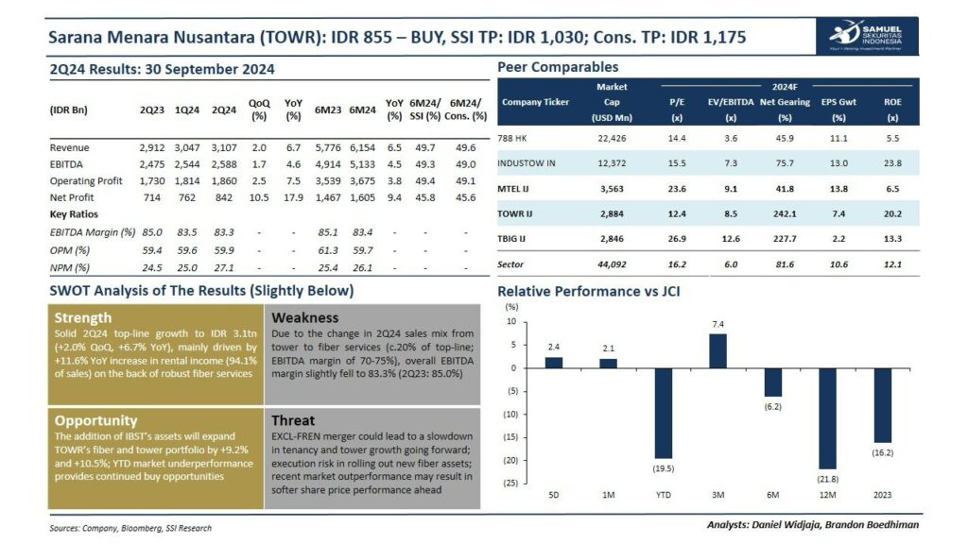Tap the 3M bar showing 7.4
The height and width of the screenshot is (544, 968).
click(x=718, y=350)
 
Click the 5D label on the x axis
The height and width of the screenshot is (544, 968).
click(x=554, y=495)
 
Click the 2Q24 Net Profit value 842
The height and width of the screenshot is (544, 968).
click(x=224, y=197)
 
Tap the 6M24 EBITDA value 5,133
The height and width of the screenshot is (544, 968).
click(x=362, y=165)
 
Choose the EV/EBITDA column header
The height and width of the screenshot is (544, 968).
click(x=730, y=102)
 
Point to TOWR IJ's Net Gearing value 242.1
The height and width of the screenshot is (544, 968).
click(x=784, y=212)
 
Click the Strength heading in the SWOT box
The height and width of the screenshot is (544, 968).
click(x=83, y=317)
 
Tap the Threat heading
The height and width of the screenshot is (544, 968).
click(x=293, y=420)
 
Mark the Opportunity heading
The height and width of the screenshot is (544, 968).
click(x=96, y=420)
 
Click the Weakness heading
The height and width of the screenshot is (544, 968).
click(x=304, y=317)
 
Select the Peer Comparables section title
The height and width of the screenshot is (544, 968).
click(x=558, y=67)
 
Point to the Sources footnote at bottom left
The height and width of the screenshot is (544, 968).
click(x=130, y=528)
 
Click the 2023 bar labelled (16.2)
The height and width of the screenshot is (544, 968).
click(x=883, y=405)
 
